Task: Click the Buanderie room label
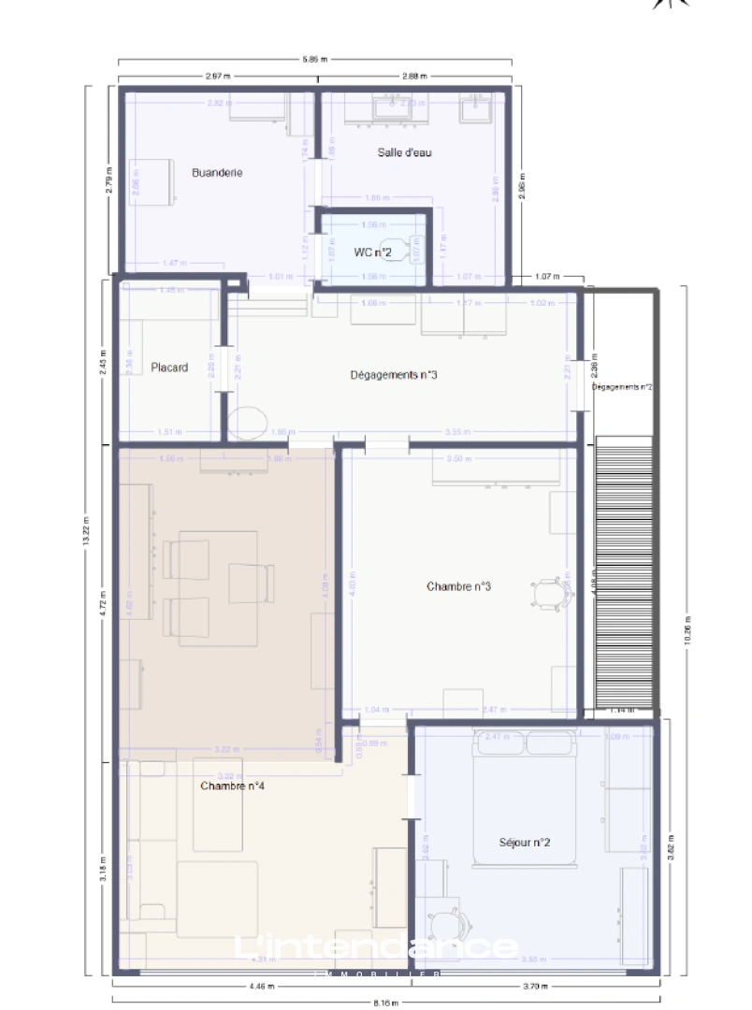(217, 172)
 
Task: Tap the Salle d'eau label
(404, 152)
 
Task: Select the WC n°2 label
(372, 252)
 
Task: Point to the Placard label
(169, 368)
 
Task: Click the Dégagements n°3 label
(394, 375)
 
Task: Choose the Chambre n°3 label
(458, 587)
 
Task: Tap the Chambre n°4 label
(232, 786)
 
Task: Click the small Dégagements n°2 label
(622, 386)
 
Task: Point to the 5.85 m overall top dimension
(315, 59)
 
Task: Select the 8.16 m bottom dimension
(385, 1003)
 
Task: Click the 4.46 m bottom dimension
(262, 986)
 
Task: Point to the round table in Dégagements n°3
(248, 423)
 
